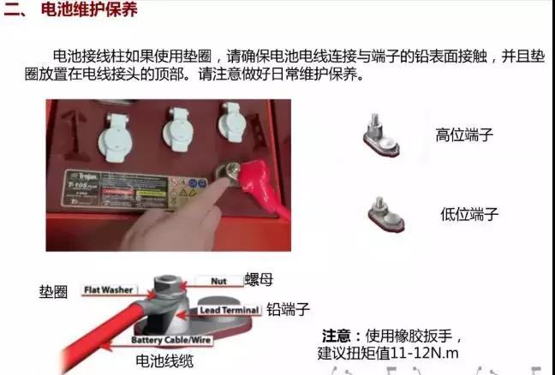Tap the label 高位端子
tap(464, 134)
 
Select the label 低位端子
tap(468, 214)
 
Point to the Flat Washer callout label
tap(107, 290)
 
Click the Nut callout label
tap(218, 281)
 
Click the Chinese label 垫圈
tap(52, 290)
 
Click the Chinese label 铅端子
tap(287, 309)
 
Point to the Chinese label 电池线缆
tap(164, 361)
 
